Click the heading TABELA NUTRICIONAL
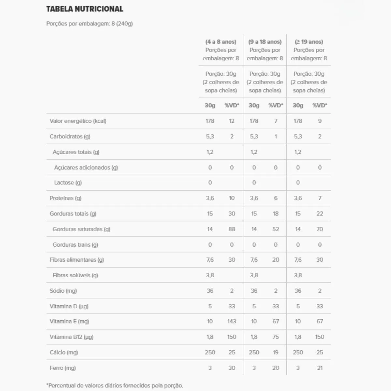point(85,9)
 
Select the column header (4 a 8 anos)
point(221,42)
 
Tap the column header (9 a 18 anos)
point(265,42)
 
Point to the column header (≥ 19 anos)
point(309,42)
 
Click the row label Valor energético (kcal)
point(78,121)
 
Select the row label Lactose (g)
point(68,182)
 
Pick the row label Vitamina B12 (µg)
point(71,337)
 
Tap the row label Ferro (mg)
point(63,368)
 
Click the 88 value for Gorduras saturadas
point(232,229)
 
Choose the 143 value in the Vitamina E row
point(232,321)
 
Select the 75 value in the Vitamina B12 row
point(276,337)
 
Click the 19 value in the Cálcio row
point(276,352)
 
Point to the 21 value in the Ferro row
point(320,368)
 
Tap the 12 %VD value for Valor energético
point(232,121)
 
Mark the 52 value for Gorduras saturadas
point(276,229)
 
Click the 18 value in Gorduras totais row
point(276,214)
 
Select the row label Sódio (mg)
point(63,291)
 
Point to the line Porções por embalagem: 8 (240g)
point(90,23)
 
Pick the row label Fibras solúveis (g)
point(75,275)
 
